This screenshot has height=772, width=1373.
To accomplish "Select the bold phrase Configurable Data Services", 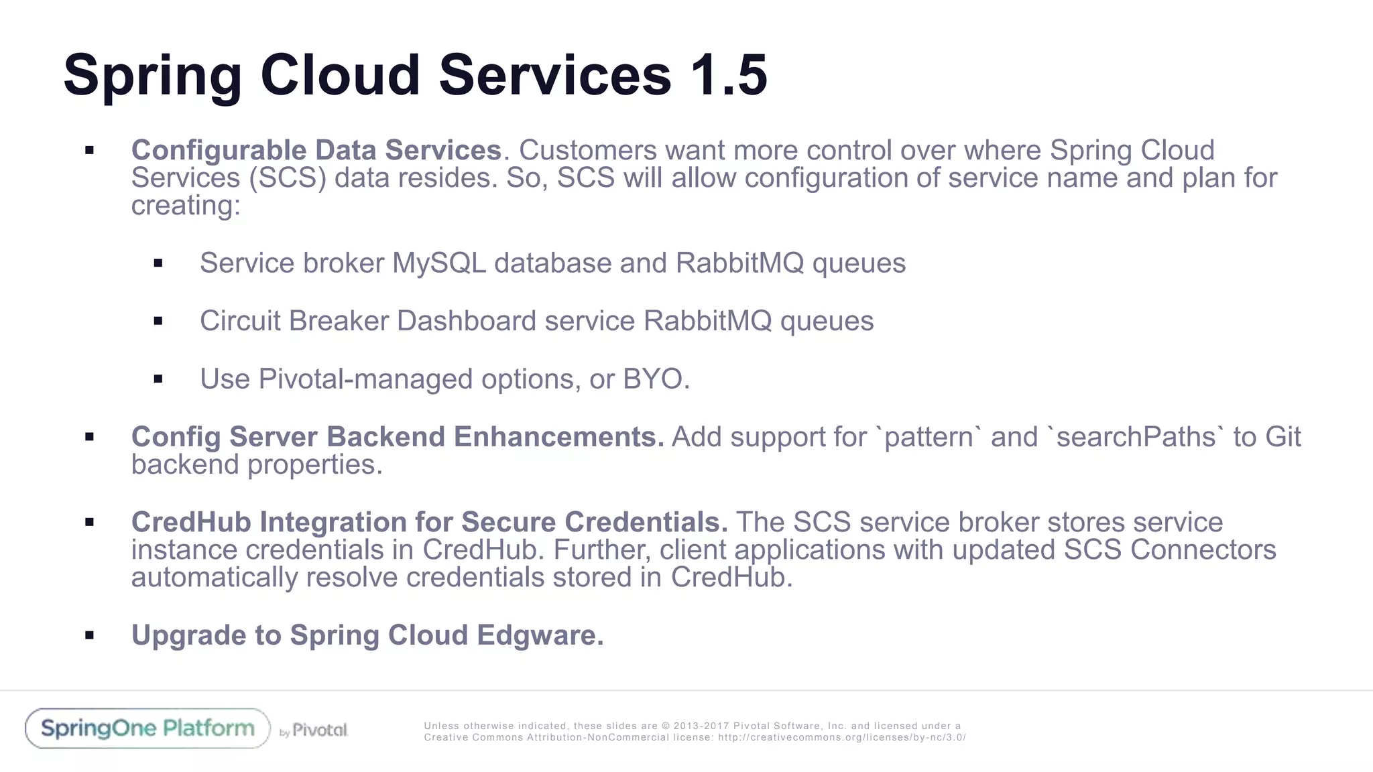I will coord(316,150).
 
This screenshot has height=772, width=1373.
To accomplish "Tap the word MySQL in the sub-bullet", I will coord(438,263).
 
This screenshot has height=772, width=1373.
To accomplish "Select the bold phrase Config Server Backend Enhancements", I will coord(397,437).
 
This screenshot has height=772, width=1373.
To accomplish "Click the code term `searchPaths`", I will coord(1136,437).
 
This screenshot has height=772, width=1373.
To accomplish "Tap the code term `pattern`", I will coord(929,437).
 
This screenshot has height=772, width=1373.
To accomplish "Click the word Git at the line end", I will coord(1282,437).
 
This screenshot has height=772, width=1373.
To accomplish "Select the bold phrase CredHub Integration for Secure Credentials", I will coord(429,522).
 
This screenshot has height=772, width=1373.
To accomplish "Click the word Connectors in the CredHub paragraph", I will coord(1203,550).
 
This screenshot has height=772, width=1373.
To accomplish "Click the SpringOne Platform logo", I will coord(147,728).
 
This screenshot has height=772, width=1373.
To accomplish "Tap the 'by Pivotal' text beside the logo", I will coord(314,730).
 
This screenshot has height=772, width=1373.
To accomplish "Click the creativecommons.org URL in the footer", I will coord(841,738).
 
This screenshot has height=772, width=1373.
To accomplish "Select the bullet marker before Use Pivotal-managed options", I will coord(158,379).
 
